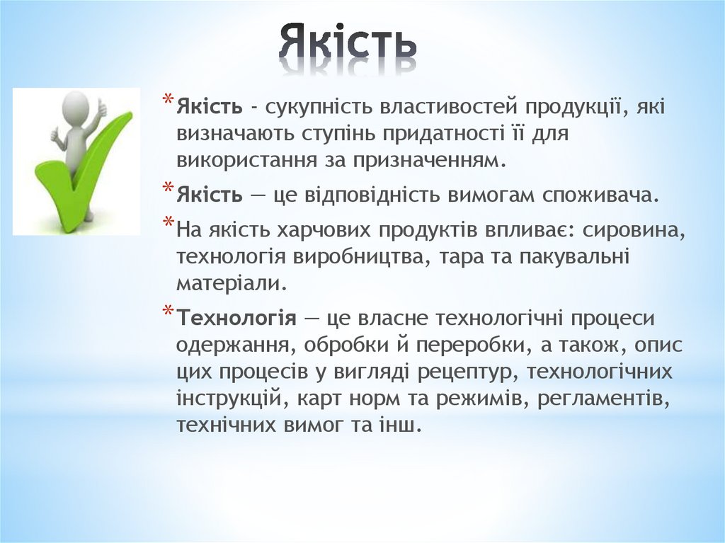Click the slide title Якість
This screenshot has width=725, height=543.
pyautogui.click(x=348, y=44)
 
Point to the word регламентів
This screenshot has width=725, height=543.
pyautogui.click(x=604, y=398)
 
